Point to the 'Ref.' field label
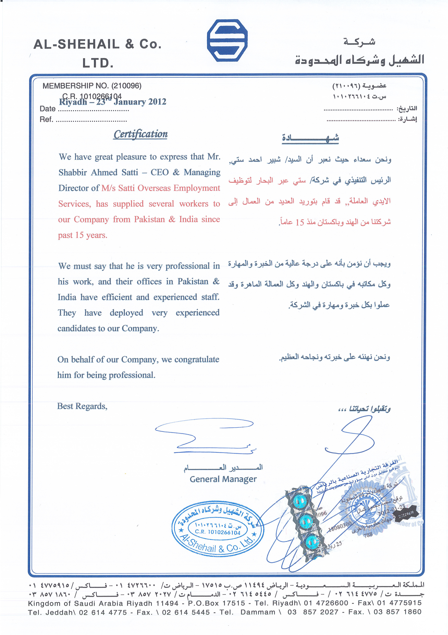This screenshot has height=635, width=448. pyautogui.click(x=46, y=120)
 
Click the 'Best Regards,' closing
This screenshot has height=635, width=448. pyautogui.click(x=82, y=406)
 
